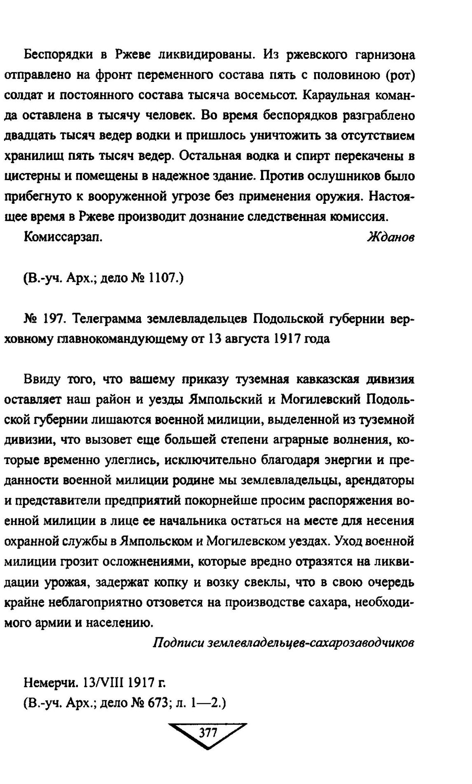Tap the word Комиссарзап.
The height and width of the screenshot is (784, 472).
(63, 237)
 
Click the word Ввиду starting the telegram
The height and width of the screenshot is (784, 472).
(42, 379)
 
